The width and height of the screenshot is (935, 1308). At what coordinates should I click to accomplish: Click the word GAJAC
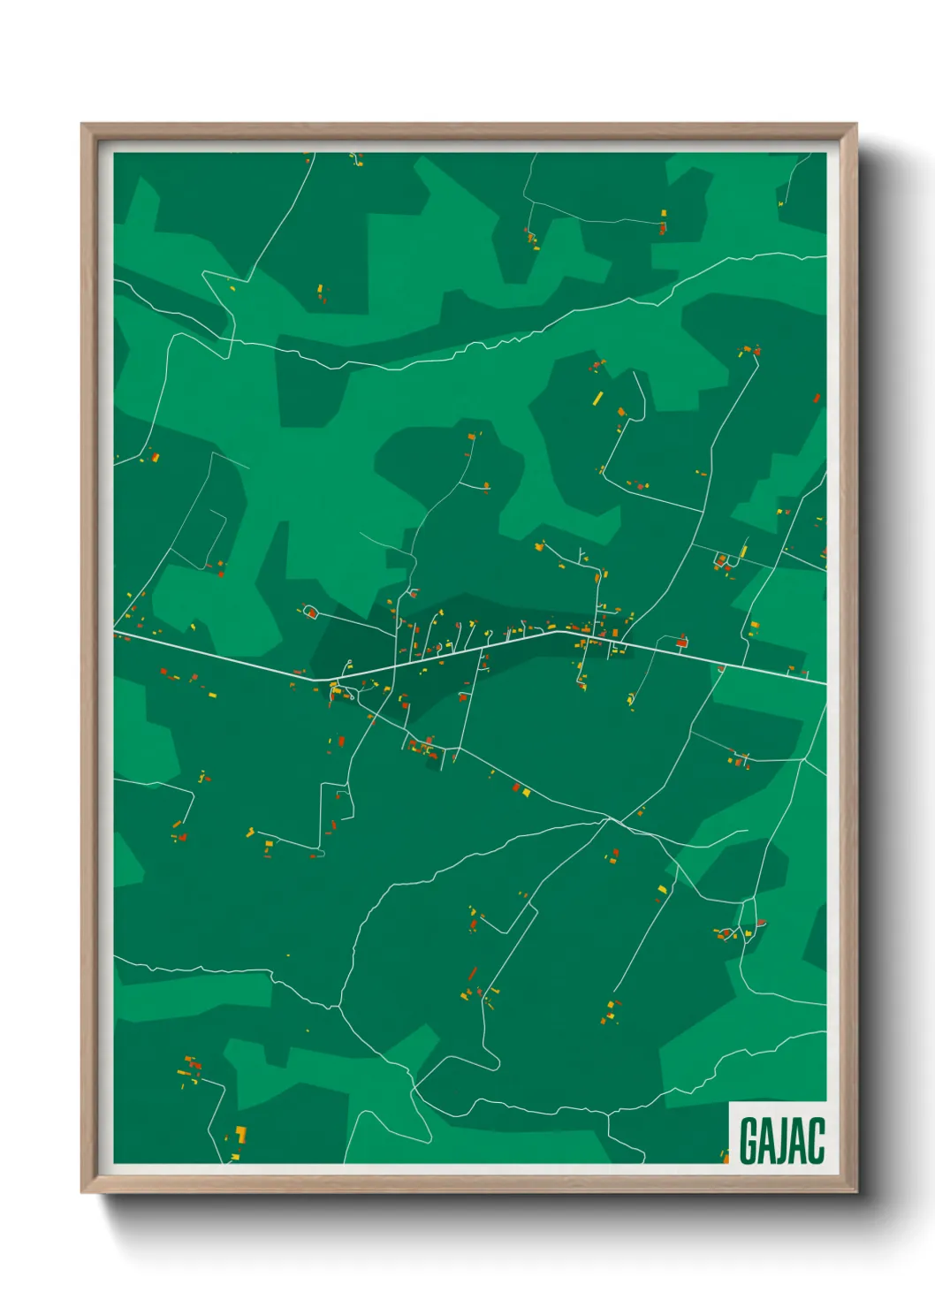click(x=781, y=1140)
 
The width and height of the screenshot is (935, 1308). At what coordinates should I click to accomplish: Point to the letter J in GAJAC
click(x=782, y=1140)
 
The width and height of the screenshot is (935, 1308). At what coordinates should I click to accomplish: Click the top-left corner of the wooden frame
click(x=82, y=125)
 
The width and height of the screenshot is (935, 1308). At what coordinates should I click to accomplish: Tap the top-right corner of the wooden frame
click(x=855, y=125)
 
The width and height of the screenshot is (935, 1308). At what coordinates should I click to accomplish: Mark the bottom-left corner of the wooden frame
click(x=82, y=1192)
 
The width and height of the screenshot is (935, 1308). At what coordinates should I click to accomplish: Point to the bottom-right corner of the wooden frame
click(x=855, y=1192)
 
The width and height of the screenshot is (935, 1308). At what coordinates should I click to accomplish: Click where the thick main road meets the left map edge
click(x=115, y=633)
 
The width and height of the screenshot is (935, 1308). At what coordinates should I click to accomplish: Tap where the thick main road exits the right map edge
click(x=825, y=682)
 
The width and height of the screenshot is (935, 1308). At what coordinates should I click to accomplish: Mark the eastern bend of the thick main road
click(x=557, y=630)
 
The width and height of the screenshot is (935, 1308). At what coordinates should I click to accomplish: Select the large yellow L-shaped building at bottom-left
click(x=239, y=1134)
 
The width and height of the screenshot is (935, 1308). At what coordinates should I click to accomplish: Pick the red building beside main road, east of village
click(x=681, y=642)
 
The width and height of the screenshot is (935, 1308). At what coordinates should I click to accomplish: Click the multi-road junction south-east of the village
click(x=609, y=820)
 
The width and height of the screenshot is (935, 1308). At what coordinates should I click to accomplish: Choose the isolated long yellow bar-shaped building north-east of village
click(x=597, y=398)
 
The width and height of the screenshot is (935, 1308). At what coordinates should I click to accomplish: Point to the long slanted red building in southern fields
click(x=472, y=974)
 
